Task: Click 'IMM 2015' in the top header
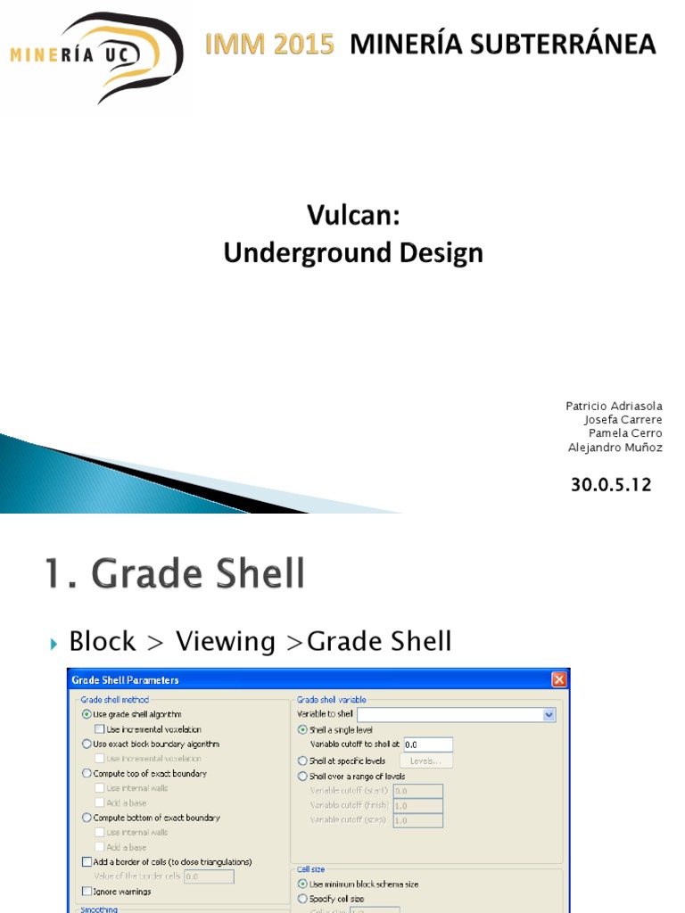269,44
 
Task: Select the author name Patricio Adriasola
614,406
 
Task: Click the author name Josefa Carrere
623,420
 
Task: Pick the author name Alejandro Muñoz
615,448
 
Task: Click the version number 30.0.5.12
611,486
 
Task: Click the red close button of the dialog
558,680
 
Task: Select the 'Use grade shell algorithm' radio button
87,714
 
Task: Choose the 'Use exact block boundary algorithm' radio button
87,744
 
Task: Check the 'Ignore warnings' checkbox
87,892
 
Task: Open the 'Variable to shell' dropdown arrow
549,714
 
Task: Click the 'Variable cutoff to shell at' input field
427,744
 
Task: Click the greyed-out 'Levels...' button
425,761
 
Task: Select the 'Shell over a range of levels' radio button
302,777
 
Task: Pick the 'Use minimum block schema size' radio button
302,884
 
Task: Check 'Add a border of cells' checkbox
87,862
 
